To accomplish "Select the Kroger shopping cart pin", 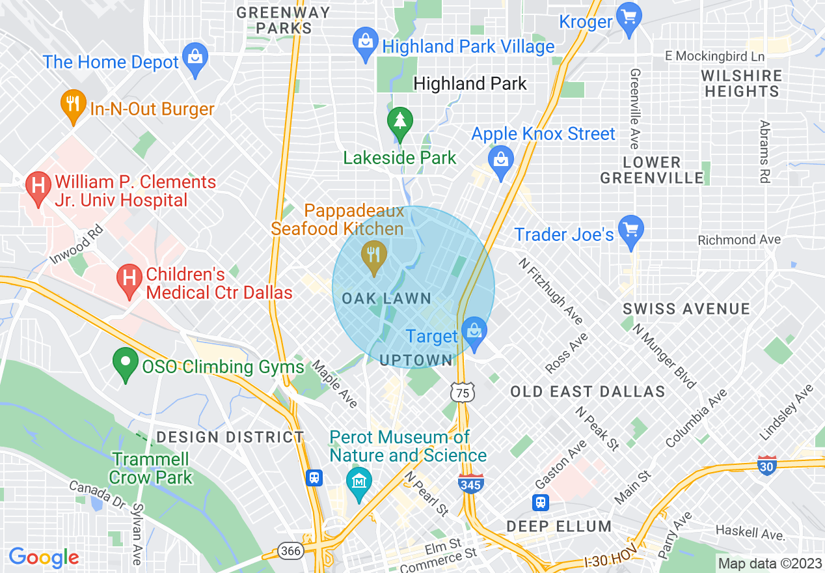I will (629, 16).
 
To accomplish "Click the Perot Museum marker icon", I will (358, 482).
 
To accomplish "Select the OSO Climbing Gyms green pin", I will (125, 362).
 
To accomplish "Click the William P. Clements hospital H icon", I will (38, 186).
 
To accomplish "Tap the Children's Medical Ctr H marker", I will (129, 280).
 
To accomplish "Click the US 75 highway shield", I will (461, 391).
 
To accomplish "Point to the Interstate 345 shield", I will (470, 484).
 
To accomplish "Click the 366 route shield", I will (291, 552).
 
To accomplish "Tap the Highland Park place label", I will (470, 83).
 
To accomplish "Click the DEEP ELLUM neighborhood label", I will (559, 526).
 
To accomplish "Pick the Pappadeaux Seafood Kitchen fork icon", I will (373, 255).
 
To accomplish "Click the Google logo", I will (44, 557).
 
